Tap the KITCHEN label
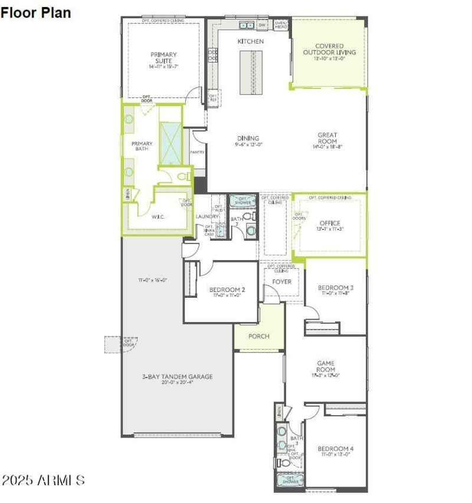250,41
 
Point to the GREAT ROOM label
327,138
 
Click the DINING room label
248,139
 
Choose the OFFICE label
330,223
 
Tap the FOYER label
281,282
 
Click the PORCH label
258,336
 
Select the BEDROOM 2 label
227,290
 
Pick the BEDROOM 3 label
335,287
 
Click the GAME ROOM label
326,366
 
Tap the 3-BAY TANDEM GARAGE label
177,376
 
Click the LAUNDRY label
207,216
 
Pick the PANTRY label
197,152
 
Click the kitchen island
250,72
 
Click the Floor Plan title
35,12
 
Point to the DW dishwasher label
262,25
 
